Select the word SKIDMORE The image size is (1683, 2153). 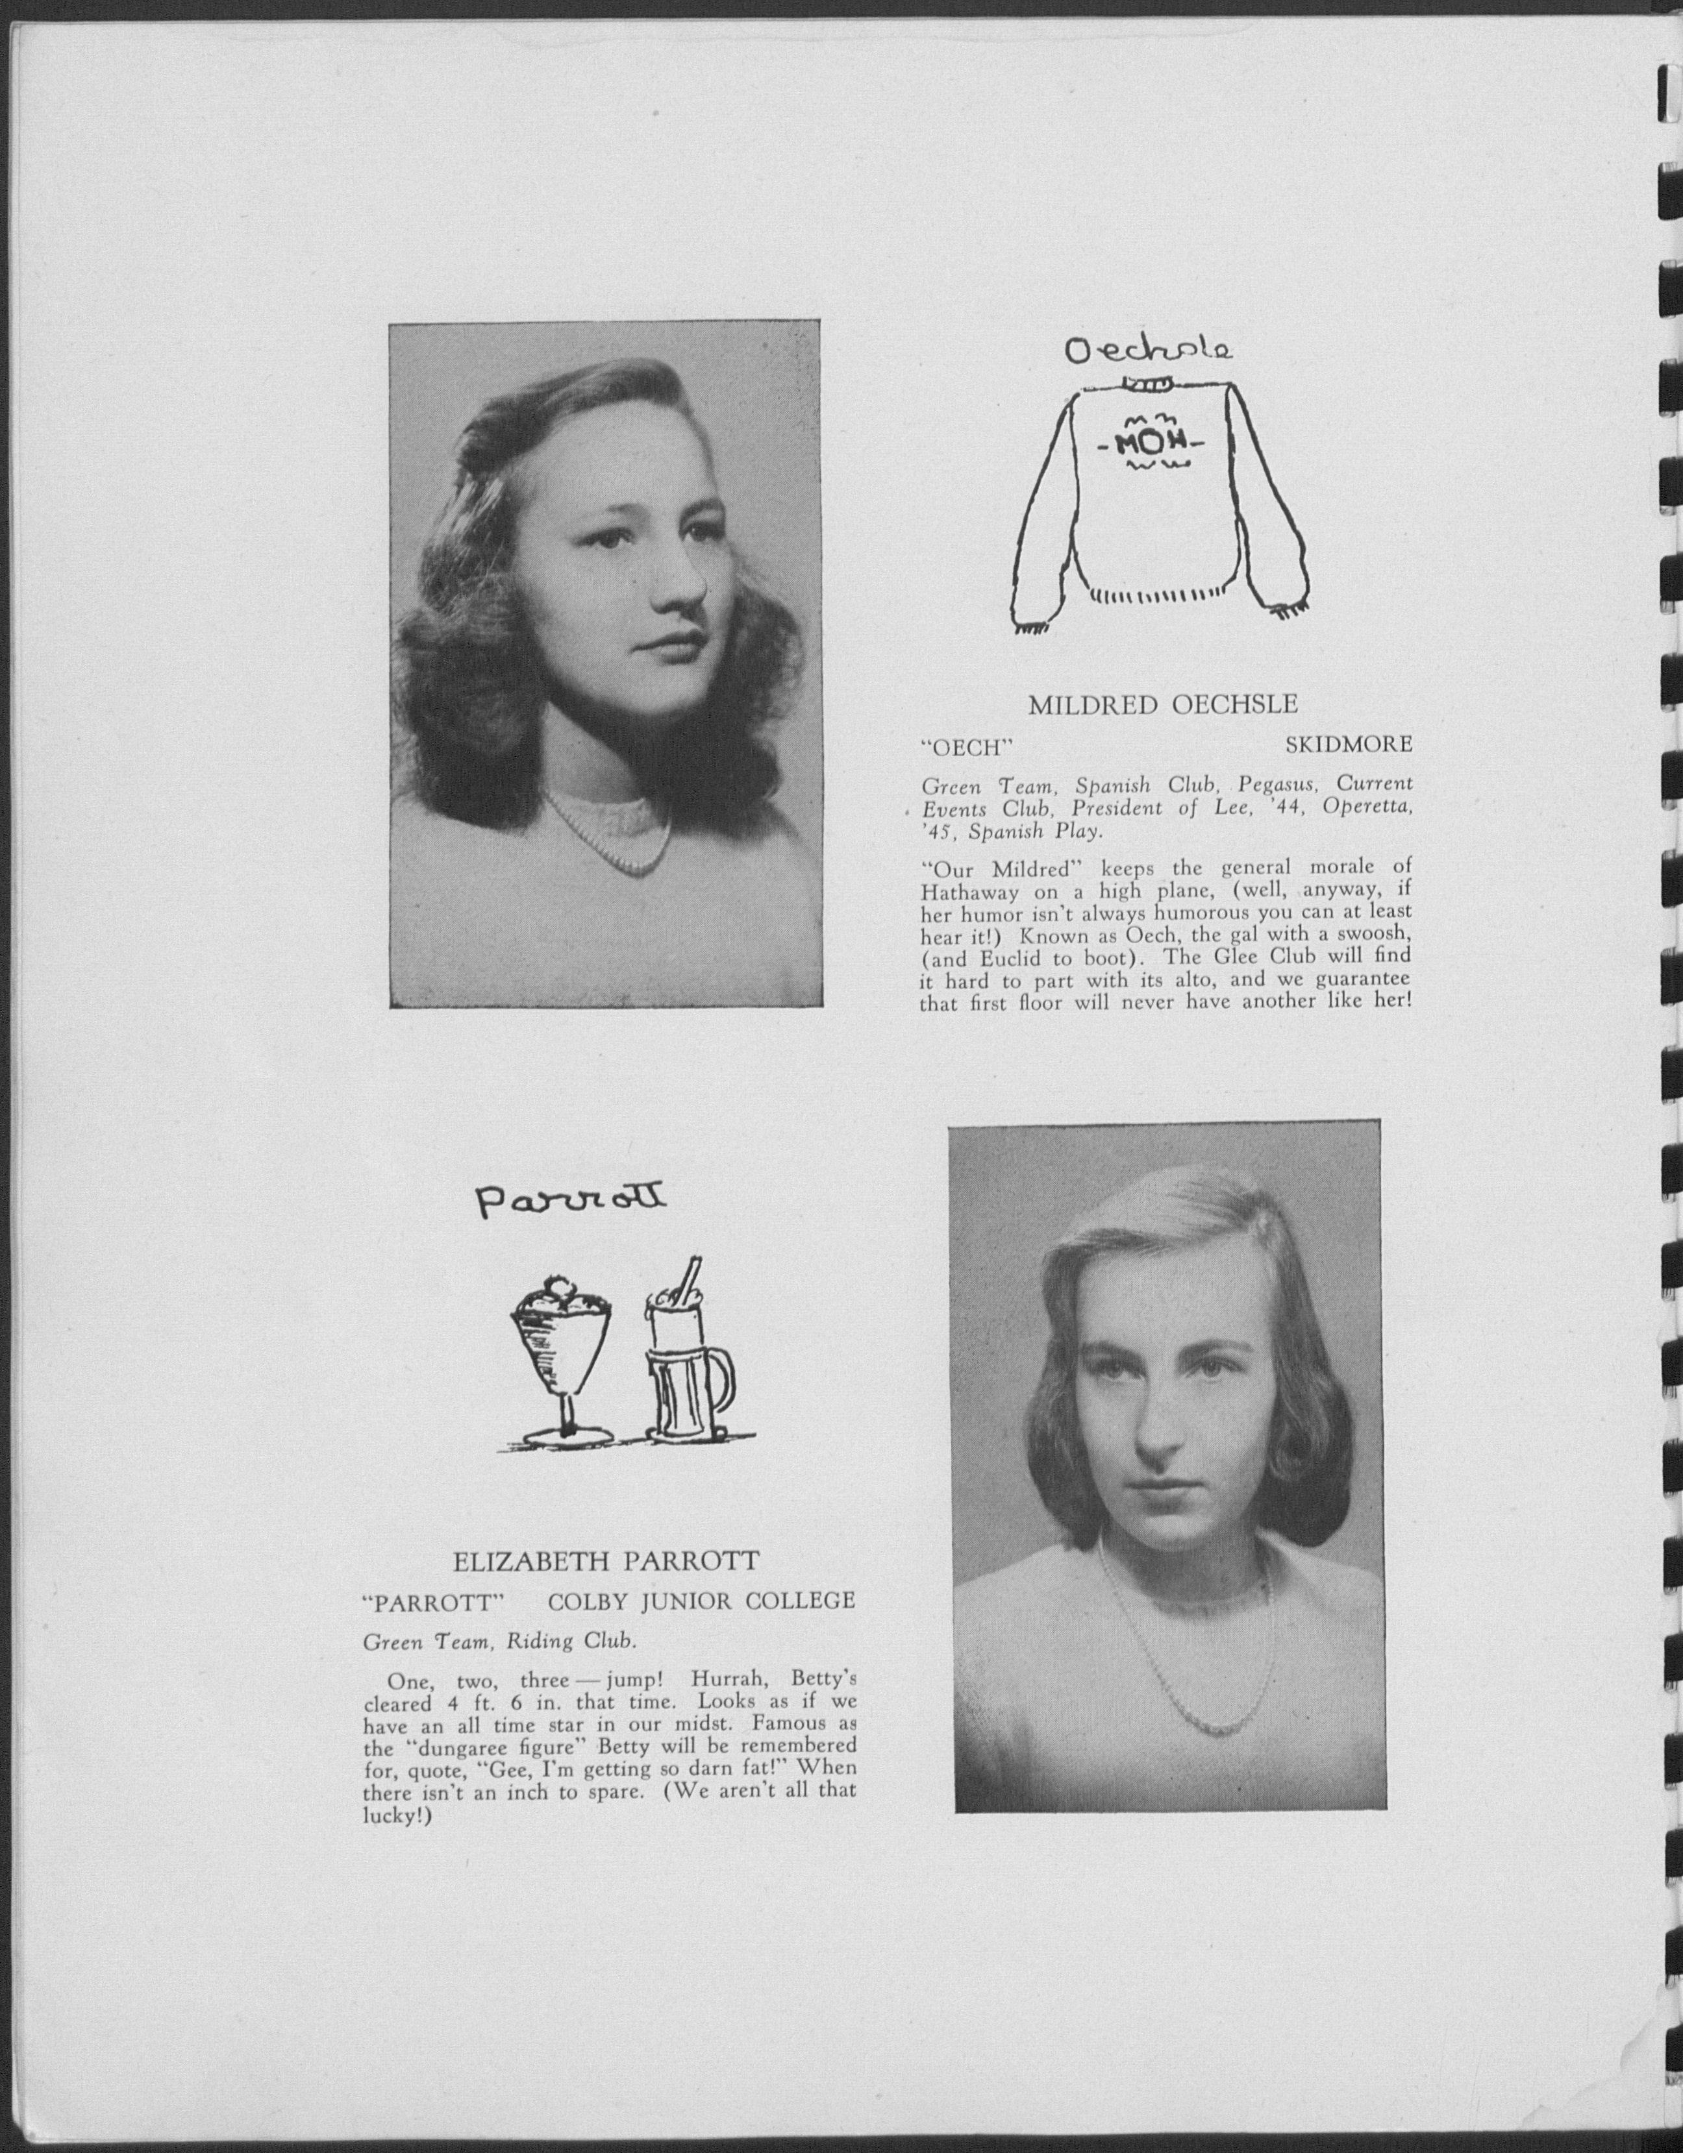[1348, 744]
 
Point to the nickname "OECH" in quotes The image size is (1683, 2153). [967, 746]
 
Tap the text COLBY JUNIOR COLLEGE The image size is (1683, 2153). [701, 1601]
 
